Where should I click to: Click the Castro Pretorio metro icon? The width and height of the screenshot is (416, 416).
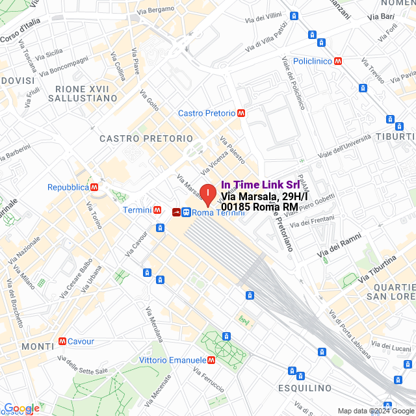241,113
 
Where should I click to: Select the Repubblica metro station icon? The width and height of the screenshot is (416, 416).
95,187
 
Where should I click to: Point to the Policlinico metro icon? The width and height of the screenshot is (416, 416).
337,61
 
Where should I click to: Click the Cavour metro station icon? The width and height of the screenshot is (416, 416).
62,341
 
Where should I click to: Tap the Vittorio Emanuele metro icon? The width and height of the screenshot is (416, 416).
211,359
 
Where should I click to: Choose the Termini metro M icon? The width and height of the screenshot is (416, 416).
157,210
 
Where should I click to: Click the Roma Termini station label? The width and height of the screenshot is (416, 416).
218,212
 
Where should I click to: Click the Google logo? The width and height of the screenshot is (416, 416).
21,408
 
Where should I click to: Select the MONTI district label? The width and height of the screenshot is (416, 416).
38,346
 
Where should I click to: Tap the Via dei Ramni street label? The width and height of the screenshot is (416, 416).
339,247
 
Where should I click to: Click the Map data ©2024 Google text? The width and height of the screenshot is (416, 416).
375,410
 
